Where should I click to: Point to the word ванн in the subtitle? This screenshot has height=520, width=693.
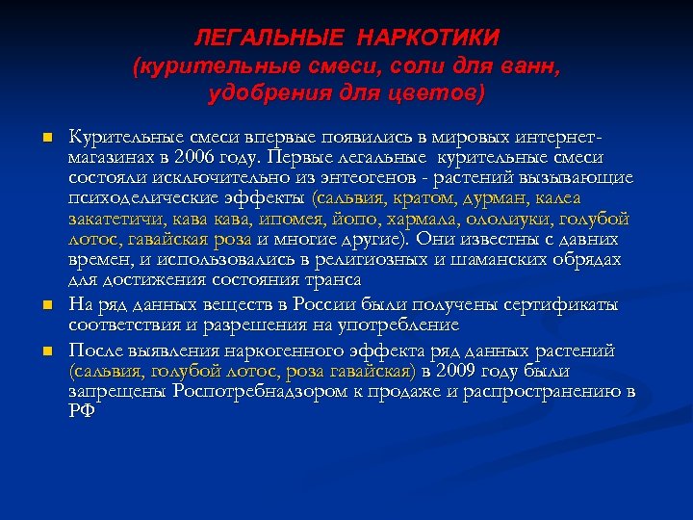point(531,66)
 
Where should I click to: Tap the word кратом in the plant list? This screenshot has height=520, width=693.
point(435,199)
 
